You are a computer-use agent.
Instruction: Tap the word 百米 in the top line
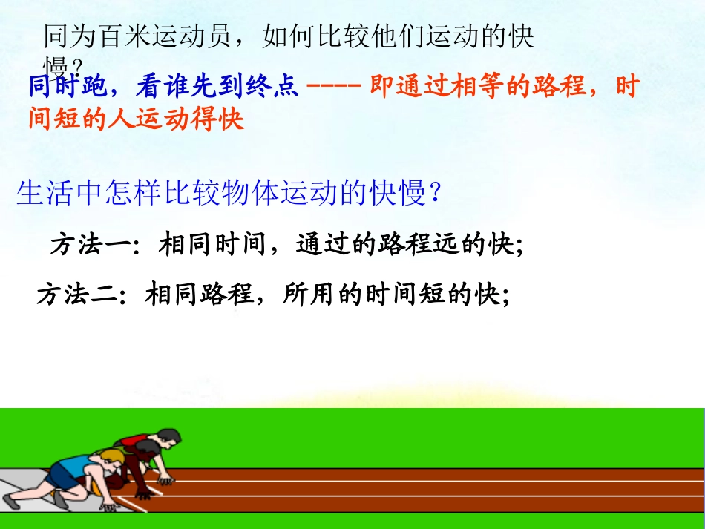(127, 36)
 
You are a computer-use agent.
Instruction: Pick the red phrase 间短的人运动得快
(137, 119)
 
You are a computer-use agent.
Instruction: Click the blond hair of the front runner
(114, 455)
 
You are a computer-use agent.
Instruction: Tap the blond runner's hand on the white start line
(110, 507)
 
